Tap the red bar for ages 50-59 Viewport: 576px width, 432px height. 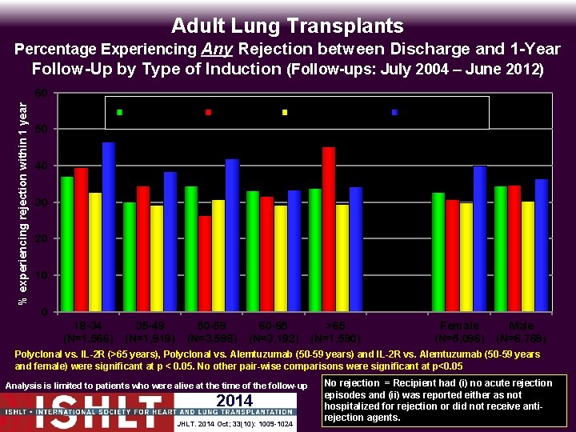(205, 263)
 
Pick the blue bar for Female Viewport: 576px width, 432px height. (479, 238)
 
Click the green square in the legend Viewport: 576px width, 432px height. (120, 112)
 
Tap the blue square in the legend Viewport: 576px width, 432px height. (394, 112)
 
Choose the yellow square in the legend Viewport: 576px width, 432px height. (285, 112)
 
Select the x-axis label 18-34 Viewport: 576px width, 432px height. (86, 326)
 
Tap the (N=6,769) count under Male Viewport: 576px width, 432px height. (522, 338)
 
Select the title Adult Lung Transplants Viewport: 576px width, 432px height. (288, 26)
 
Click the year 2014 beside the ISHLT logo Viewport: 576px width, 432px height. (234, 401)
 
